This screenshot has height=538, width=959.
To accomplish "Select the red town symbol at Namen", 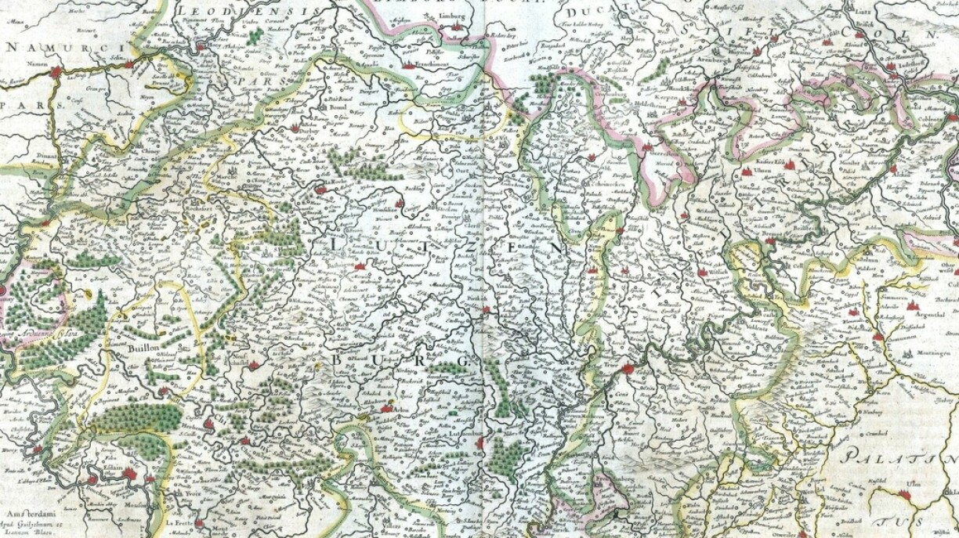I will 56,73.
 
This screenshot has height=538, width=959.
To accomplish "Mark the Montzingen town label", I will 928,355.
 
